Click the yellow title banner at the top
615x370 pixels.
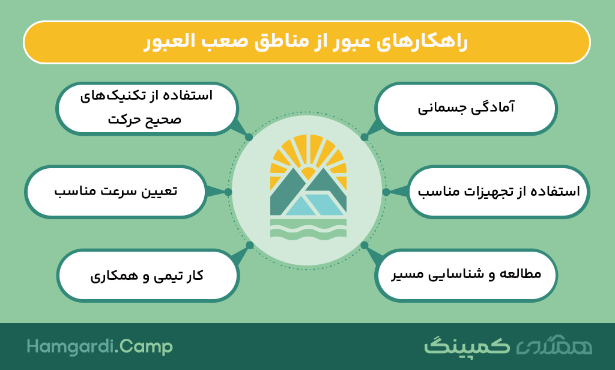pyautogui.click(x=307, y=43)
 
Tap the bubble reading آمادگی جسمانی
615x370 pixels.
pyautogui.click(x=466, y=108)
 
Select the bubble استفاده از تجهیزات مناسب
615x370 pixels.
pyautogui.click(x=498, y=192)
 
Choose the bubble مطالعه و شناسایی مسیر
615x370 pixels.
pyautogui.click(x=466, y=275)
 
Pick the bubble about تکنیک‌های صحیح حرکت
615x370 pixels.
pyautogui.click(x=147, y=108)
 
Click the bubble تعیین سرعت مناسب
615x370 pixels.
pyautogui.click(x=116, y=192)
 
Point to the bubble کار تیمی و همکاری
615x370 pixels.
pyautogui.click(x=148, y=275)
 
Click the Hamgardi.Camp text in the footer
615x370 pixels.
pyautogui.click(x=100, y=347)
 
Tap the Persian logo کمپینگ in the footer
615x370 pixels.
pyautogui.click(x=467, y=346)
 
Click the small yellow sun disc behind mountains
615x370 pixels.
pyautogui.click(x=308, y=172)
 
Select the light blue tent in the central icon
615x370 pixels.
pyautogui.click(x=314, y=204)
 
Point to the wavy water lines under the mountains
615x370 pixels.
pyautogui.click(x=308, y=228)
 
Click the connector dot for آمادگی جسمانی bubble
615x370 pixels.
pyautogui.click(x=365, y=138)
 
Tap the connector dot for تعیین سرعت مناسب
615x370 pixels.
pyautogui.click(x=228, y=192)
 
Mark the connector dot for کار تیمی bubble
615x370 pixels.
pyautogui.click(x=250, y=245)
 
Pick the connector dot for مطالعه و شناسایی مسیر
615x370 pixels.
pyautogui.click(x=365, y=245)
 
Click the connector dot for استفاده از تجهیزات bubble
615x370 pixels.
pyautogui.click(x=386, y=192)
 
